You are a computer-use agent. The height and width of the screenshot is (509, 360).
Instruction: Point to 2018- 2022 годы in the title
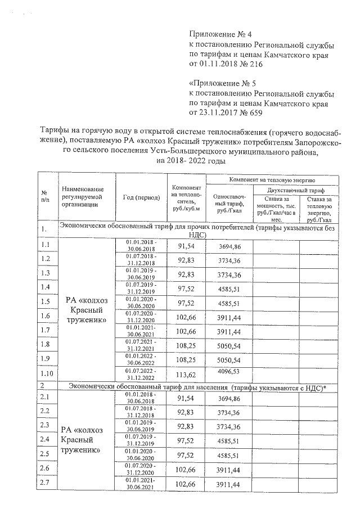pos(191,161)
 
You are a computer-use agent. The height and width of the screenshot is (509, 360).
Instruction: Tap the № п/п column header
pos(44,196)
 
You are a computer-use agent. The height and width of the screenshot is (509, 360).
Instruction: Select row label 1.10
pos(47,373)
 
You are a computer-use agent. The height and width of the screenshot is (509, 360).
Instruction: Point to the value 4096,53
pos(229,371)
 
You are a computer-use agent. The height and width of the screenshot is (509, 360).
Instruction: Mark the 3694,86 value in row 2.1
pos(229,399)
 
